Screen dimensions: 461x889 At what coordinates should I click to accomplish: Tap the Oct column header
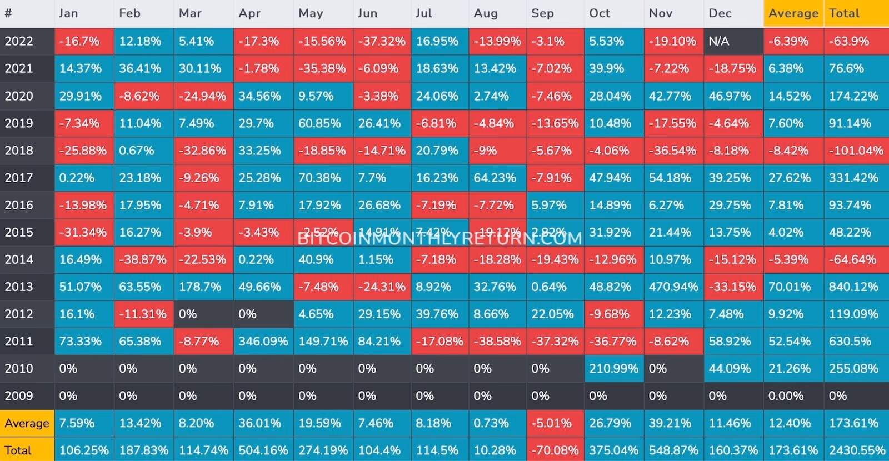tap(600, 13)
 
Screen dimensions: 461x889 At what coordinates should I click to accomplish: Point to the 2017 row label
tap(19, 178)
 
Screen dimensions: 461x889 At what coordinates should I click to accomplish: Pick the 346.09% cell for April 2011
tap(263, 342)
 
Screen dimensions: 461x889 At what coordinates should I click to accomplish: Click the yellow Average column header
tap(793, 13)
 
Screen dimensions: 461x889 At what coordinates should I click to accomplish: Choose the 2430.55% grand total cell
tap(857, 450)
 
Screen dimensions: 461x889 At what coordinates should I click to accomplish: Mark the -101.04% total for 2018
tap(856, 151)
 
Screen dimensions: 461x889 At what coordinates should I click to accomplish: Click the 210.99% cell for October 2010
tap(613, 369)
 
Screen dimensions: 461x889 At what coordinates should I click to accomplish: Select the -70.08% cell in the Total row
tap(555, 450)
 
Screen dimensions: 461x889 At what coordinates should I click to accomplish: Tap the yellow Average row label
tap(27, 423)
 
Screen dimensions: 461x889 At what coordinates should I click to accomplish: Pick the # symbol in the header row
tap(8, 13)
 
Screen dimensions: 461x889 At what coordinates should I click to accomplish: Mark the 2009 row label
tap(19, 396)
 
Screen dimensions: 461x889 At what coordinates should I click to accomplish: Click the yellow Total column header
tap(844, 13)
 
